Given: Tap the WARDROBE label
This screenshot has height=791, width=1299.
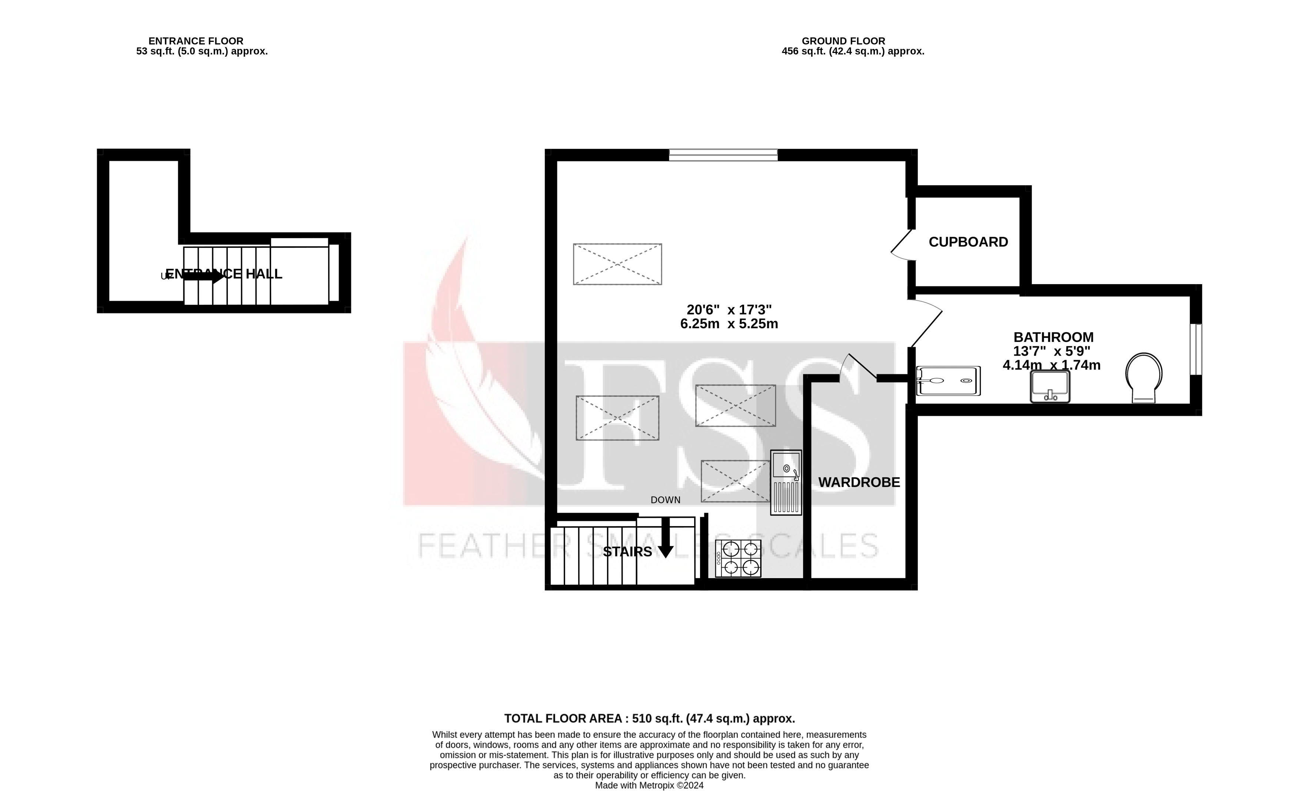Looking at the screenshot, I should pyautogui.click(x=859, y=482).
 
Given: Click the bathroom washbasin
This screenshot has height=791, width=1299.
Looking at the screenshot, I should pyautogui.click(x=1050, y=386).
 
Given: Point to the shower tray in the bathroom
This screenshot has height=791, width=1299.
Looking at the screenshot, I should pyautogui.click(x=949, y=381).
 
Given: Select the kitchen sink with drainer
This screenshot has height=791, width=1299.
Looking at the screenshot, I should pyautogui.click(x=786, y=482).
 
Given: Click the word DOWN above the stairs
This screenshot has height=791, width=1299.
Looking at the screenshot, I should pyautogui.click(x=665, y=500).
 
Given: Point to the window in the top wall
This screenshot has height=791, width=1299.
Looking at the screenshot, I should pyautogui.click(x=723, y=154).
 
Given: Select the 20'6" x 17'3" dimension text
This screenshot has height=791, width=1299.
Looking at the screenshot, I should pyautogui.click(x=729, y=309).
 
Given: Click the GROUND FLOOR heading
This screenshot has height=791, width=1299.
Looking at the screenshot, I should pyautogui.click(x=843, y=41).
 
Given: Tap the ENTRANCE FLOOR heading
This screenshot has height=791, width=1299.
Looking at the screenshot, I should pyautogui.click(x=196, y=41).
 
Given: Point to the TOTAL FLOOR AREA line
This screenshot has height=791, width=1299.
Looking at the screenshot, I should pyautogui.click(x=650, y=718).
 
